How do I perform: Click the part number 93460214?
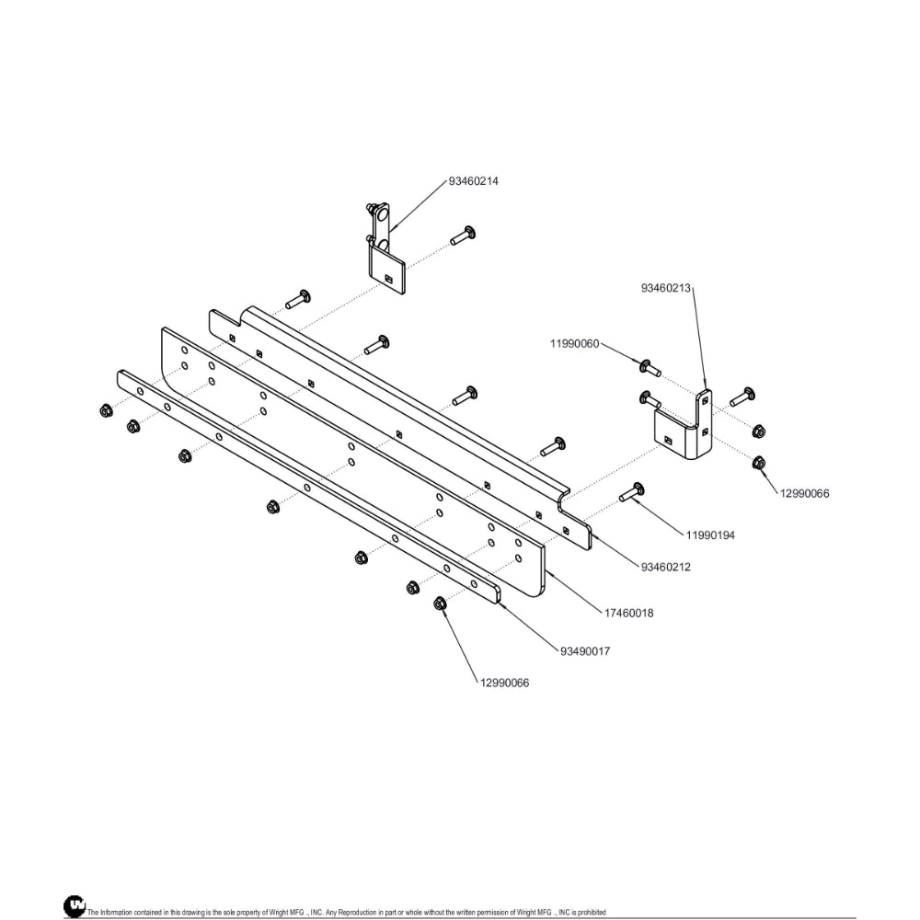pos(473,181)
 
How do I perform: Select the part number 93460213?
pos(665,288)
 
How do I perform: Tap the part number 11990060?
pos(574,343)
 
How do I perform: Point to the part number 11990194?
pos(710,535)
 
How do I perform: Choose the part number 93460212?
pos(665,567)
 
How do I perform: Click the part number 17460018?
pos(628,613)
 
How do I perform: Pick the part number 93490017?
pos(585,651)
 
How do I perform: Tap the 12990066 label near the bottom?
pos(504,683)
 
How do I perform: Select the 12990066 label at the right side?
pos(804,493)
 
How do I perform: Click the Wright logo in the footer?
pos(75,905)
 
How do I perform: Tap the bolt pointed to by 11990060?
pos(650,368)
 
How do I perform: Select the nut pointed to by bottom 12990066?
pos(440,603)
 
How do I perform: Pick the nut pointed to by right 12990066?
pos(759,462)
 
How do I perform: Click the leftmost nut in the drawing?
pos(106,410)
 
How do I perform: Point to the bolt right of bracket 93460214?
pos(463,235)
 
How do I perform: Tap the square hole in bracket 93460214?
pos(388,278)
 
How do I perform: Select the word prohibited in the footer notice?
pos(591,912)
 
